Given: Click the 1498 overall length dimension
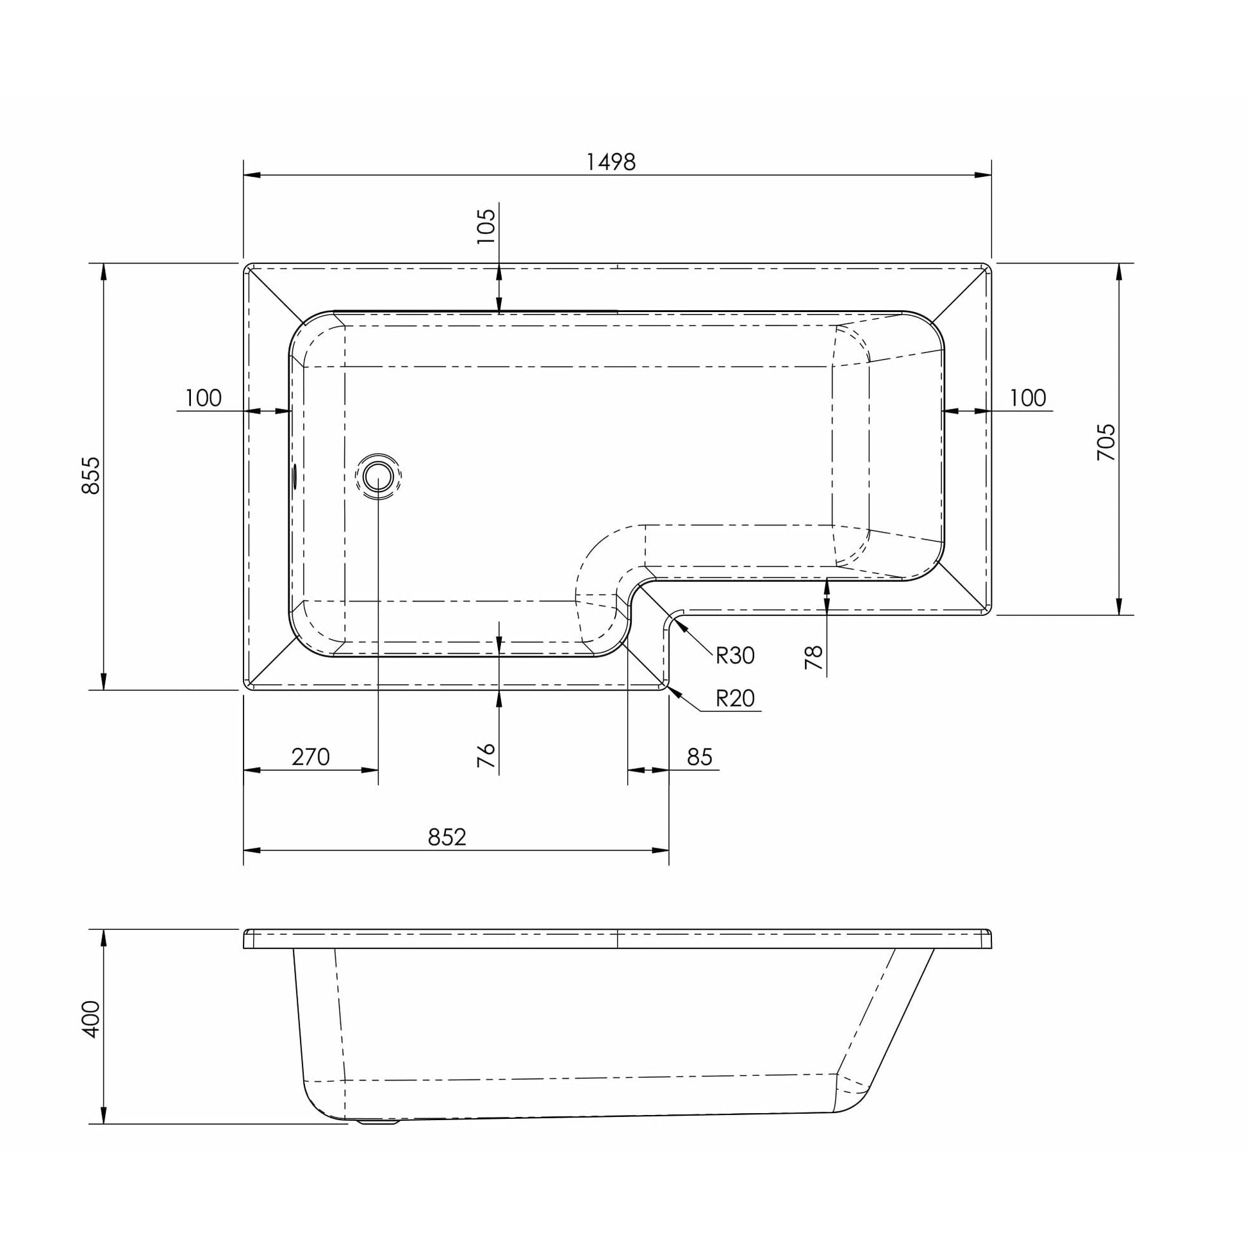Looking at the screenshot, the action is click(x=611, y=161).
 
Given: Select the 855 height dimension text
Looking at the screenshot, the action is click(x=92, y=475).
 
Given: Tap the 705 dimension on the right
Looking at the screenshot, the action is click(x=1106, y=442).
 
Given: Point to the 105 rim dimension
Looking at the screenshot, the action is click(x=486, y=226).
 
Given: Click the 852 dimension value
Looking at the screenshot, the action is click(x=447, y=837).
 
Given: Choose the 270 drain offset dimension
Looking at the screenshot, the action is click(x=310, y=756).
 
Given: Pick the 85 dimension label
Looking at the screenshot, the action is click(x=700, y=756).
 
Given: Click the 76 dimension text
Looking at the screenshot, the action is click(x=486, y=755).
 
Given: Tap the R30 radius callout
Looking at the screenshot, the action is click(x=735, y=656).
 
